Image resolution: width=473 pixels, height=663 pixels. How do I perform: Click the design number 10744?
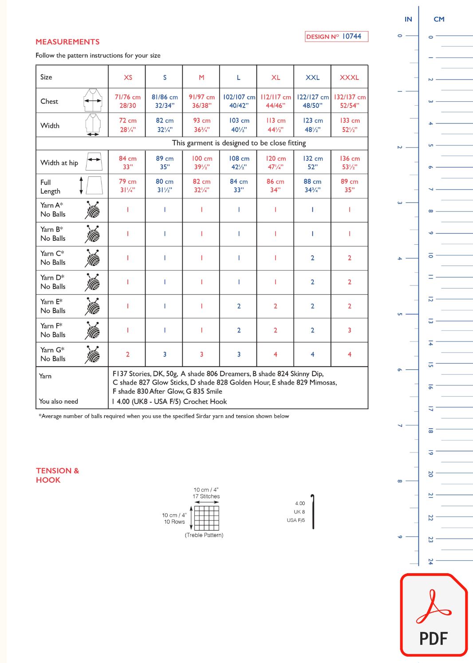[x=351, y=36]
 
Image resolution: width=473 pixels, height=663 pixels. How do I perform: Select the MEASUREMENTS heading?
[x=67, y=42]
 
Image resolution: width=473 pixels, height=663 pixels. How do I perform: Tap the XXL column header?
[x=312, y=77]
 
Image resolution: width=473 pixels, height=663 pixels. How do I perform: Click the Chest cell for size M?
[x=201, y=101]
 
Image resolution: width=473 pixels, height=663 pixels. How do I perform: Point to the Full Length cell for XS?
[x=127, y=186]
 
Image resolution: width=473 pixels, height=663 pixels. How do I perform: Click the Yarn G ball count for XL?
[x=276, y=354]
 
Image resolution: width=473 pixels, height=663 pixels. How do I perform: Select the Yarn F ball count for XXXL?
[x=350, y=330]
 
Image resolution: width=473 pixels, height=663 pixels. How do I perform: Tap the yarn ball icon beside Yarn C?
[x=93, y=258]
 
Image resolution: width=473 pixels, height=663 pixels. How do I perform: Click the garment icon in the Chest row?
[x=93, y=100]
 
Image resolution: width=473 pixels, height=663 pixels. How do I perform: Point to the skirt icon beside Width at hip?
[x=94, y=162]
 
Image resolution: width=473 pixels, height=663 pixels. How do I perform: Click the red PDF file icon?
[x=434, y=615]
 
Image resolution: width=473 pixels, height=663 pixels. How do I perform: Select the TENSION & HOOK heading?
[x=57, y=475]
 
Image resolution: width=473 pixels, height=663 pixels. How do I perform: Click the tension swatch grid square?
[x=207, y=518]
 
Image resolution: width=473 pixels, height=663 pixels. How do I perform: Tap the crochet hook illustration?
[x=313, y=512]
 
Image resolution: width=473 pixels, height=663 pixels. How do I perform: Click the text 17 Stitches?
[x=206, y=496]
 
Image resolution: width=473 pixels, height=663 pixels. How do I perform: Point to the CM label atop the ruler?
[x=439, y=19]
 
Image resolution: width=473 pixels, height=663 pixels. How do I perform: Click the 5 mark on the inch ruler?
[x=400, y=314]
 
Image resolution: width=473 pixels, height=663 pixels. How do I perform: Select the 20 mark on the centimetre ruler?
[x=430, y=474]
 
